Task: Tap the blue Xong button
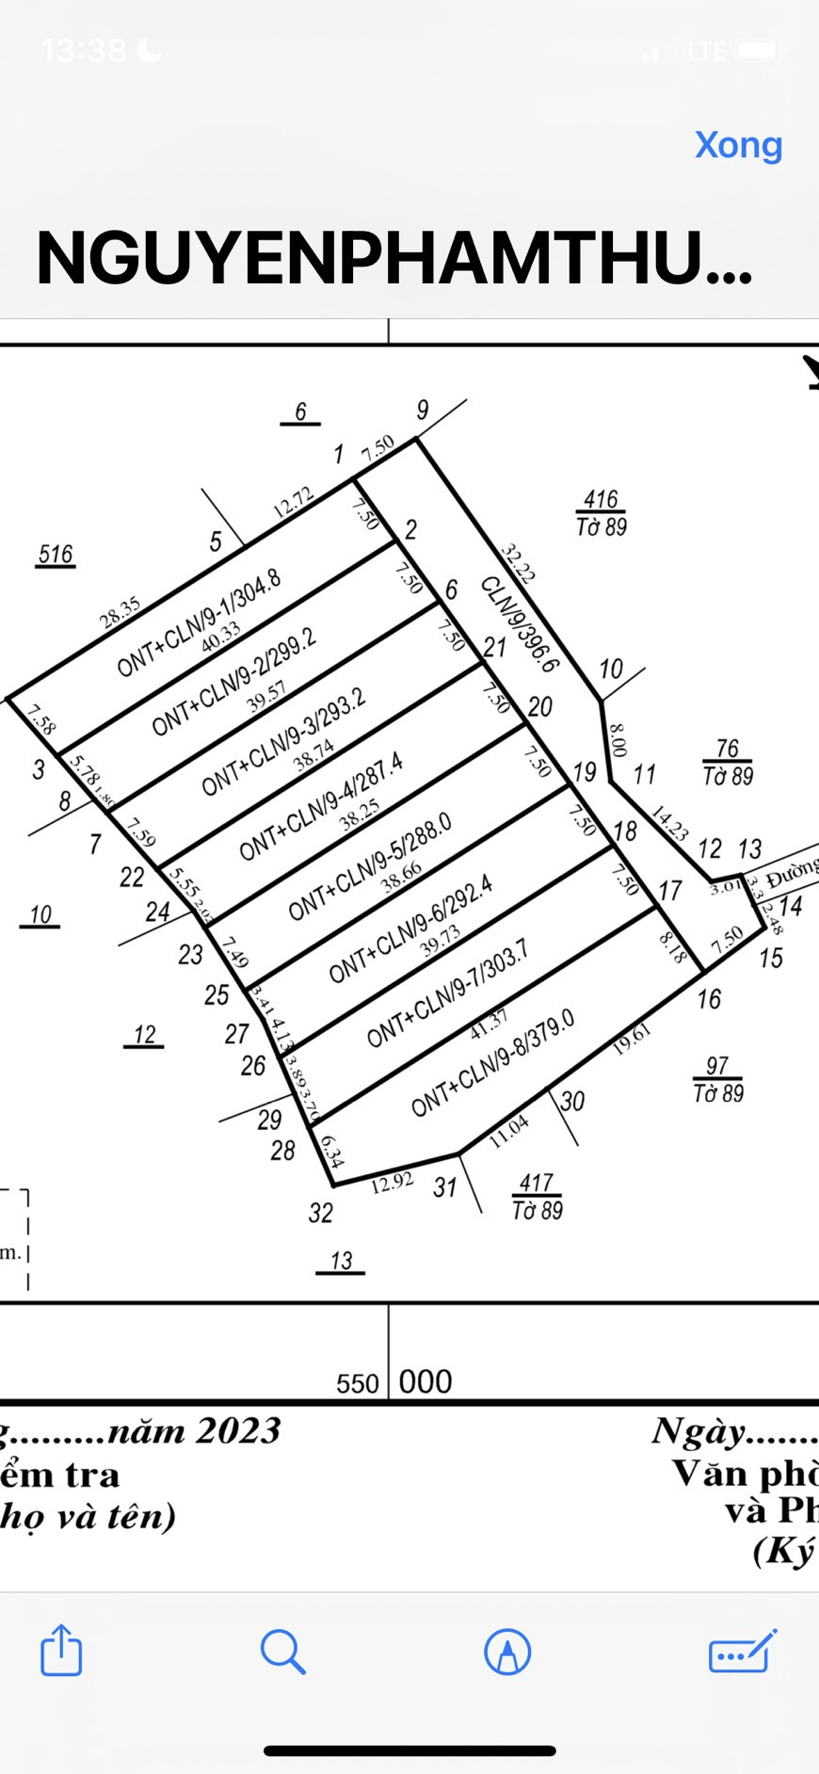[x=738, y=145]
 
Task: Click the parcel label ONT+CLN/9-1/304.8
[x=199, y=623]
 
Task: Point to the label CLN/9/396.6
[x=520, y=624]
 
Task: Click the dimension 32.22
[x=518, y=563]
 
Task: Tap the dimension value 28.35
[x=120, y=612]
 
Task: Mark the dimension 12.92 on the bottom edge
[x=392, y=1182]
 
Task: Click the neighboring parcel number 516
[x=56, y=555]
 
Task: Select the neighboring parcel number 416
[x=601, y=499]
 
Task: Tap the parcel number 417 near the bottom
[x=536, y=1183]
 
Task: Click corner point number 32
[x=320, y=1213]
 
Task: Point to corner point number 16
[x=709, y=999]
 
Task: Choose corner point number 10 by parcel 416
[x=611, y=669]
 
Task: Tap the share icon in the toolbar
[x=61, y=1651]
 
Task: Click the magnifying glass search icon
[x=282, y=1652]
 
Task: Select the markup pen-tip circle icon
[x=507, y=1652]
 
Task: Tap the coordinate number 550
[x=357, y=1383]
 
